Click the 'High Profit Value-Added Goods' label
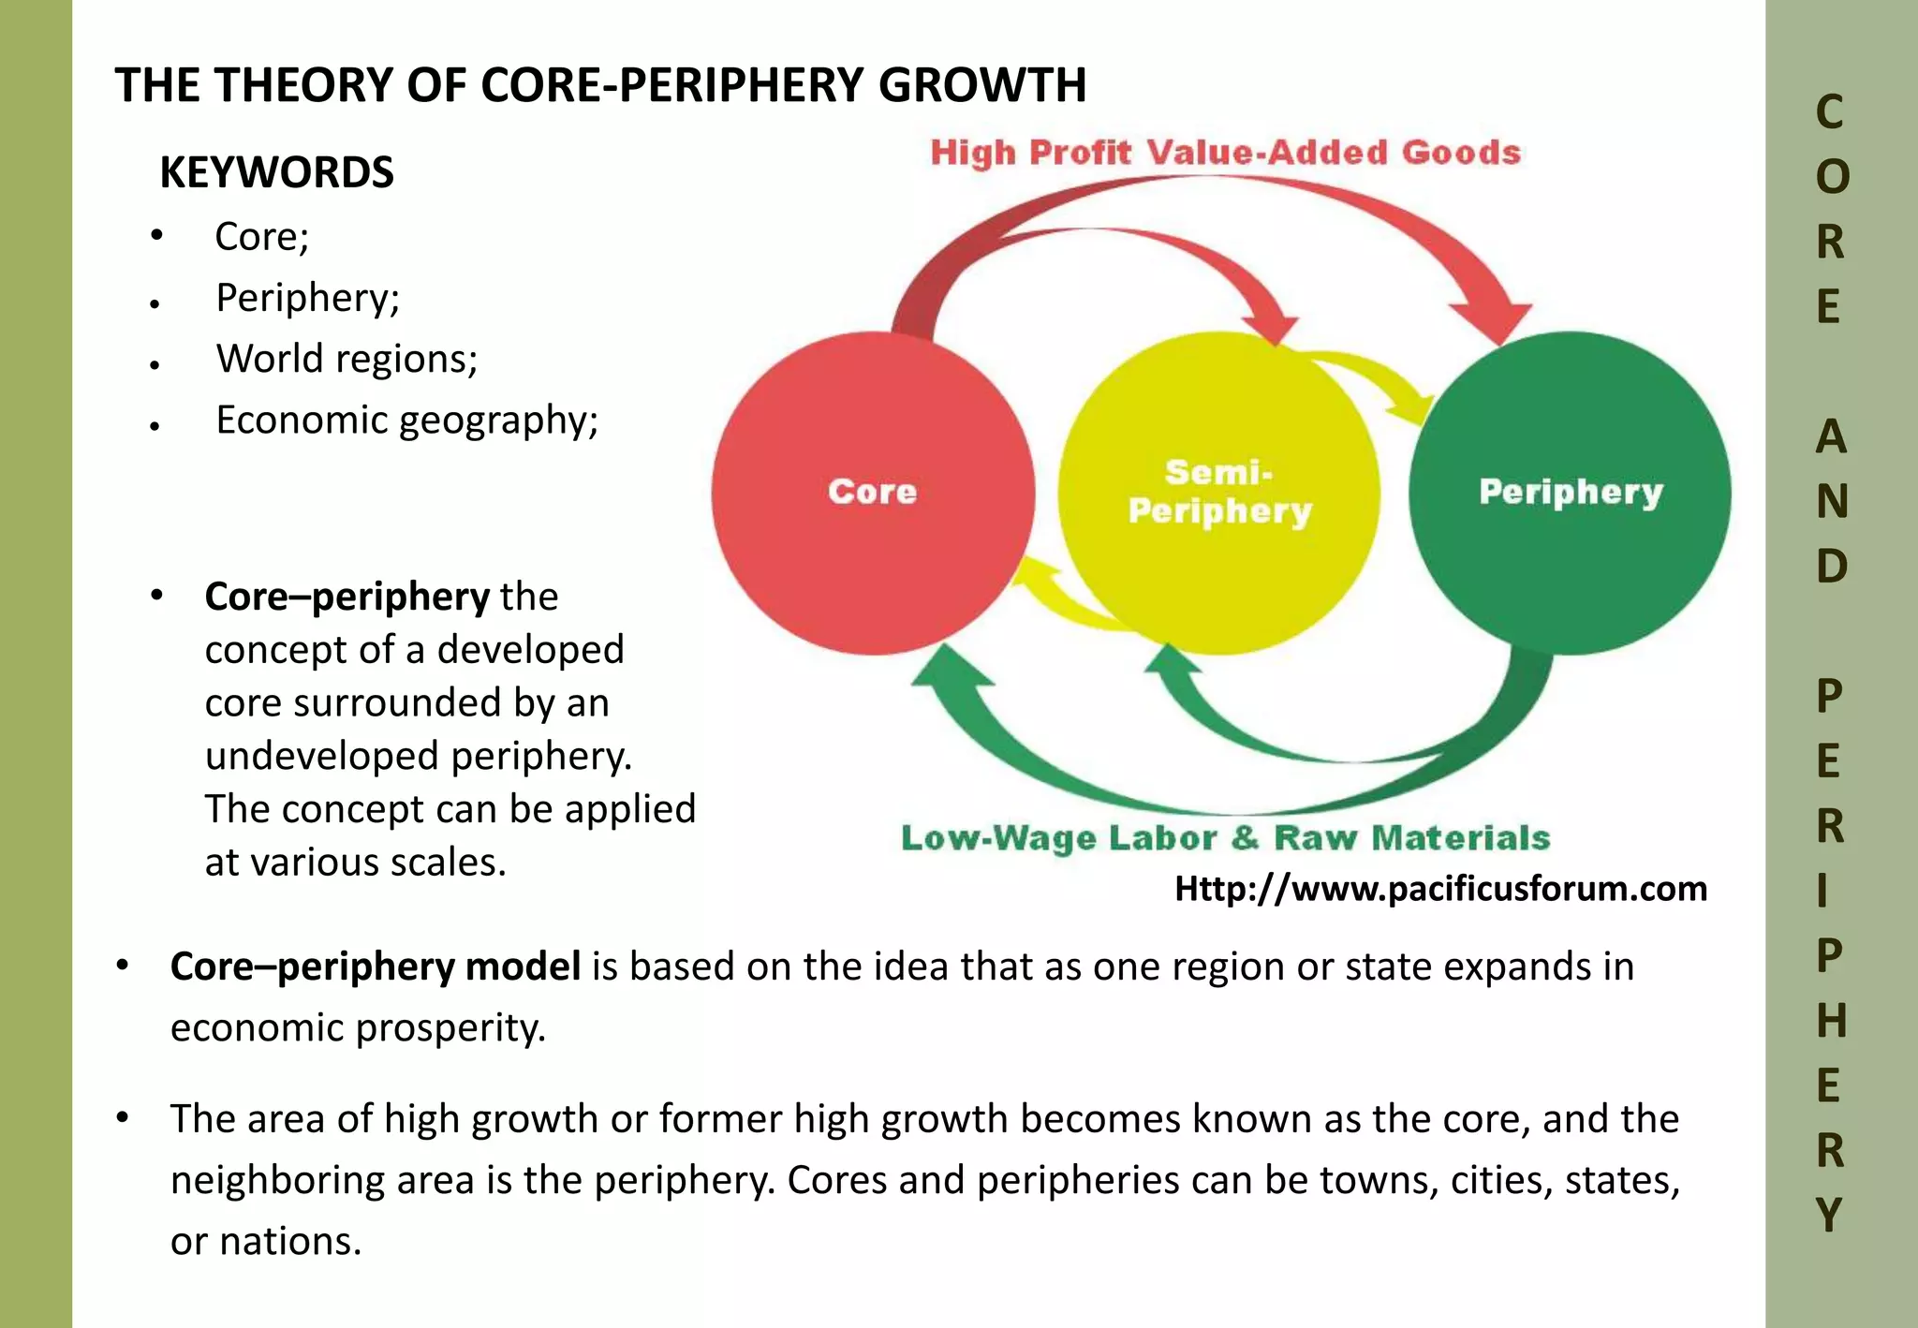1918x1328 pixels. (1225, 153)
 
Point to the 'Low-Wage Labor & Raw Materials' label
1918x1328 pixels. (1225, 837)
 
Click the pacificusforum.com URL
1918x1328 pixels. (1440, 888)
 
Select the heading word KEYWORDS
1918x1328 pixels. (276, 172)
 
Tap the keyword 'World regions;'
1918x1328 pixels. (347, 359)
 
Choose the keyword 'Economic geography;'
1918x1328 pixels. (406, 421)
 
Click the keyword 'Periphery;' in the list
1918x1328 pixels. (307, 298)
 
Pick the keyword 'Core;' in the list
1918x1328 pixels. (261, 237)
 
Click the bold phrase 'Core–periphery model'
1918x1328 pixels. (375, 966)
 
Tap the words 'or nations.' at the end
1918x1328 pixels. (266, 1241)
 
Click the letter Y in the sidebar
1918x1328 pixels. (1830, 1215)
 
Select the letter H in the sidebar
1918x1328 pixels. (1831, 1020)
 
